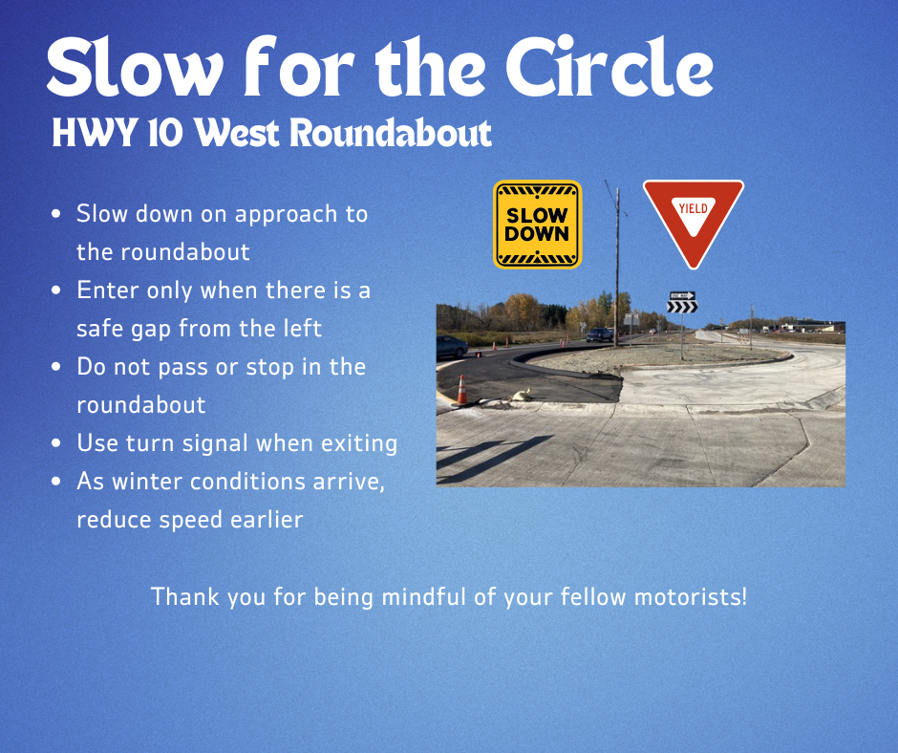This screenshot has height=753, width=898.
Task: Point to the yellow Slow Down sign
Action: click(x=537, y=225)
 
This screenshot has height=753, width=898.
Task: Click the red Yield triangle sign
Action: click(x=693, y=219)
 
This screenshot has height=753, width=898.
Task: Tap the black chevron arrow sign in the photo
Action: click(x=682, y=307)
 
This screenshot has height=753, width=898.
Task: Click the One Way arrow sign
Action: click(x=681, y=295)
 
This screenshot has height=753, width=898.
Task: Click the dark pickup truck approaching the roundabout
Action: click(x=600, y=334)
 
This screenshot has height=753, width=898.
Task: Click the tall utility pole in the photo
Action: click(x=617, y=268)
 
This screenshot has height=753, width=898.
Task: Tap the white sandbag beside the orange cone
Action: click(x=521, y=394)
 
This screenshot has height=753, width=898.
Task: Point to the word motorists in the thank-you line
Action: click(x=695, y=597)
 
